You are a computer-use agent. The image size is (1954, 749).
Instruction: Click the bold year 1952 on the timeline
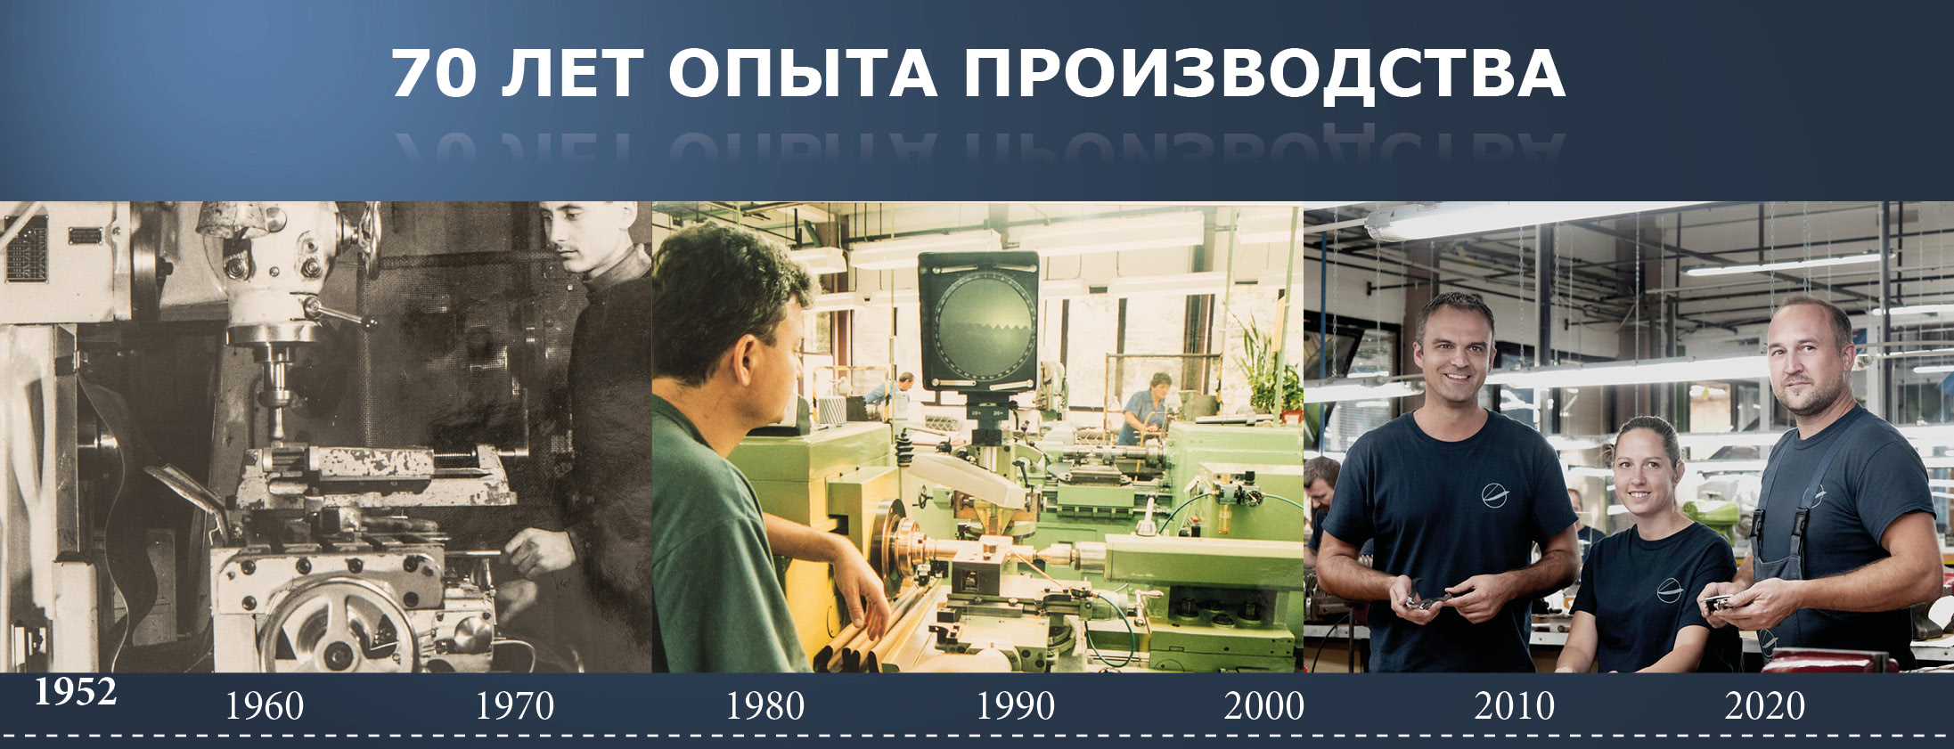76,692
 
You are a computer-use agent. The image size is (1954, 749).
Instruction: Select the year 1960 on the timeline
264,706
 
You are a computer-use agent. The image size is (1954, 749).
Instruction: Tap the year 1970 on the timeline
514,706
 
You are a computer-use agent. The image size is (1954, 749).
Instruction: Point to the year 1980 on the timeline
764,706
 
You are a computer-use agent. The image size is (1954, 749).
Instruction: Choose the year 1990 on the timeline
1015,706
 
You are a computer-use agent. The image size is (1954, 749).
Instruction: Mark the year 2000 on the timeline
1264,706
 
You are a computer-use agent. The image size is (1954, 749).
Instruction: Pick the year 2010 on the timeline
1515,706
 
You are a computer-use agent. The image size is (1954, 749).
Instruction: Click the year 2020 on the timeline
1765,706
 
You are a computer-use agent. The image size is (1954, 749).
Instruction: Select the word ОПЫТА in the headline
803,73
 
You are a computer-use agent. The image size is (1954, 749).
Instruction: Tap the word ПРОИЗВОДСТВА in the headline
1263,75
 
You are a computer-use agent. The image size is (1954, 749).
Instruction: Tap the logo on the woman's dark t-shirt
1668,590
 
